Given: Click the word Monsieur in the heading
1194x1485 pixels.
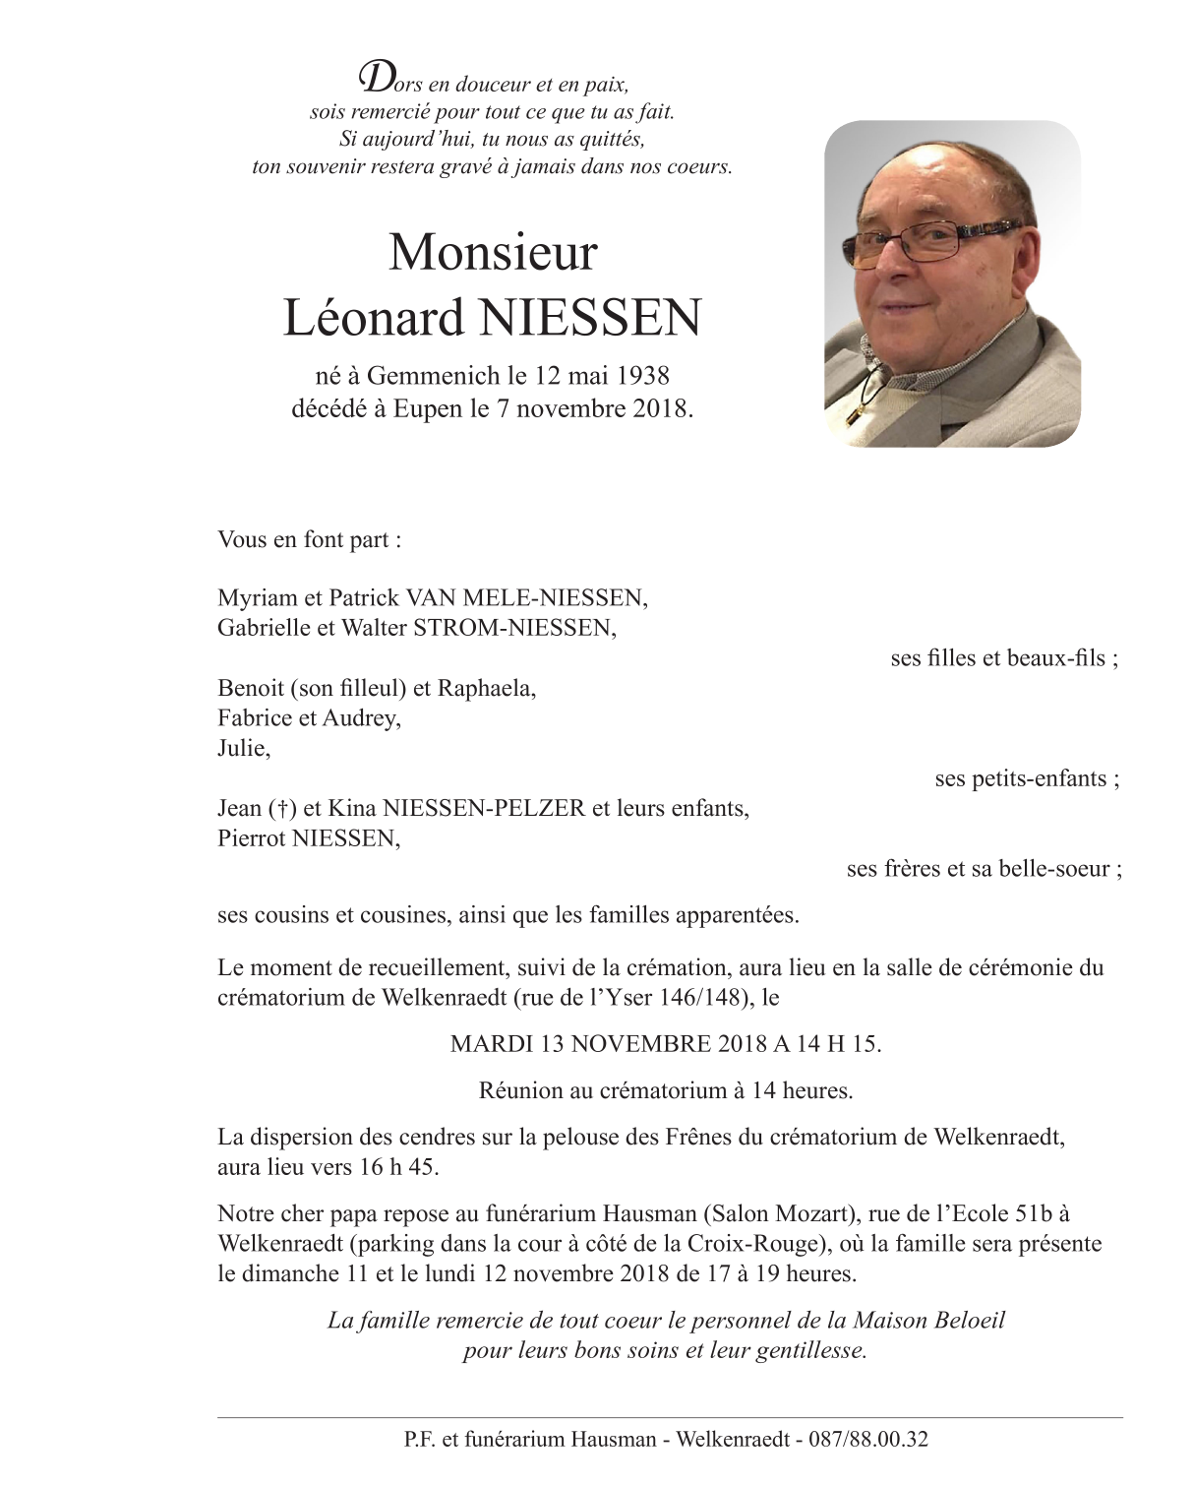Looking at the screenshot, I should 493,253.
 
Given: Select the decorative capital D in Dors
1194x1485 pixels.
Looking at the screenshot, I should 373,77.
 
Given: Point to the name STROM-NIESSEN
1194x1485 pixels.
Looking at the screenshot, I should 514,628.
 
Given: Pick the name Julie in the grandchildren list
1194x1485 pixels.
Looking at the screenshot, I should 243,749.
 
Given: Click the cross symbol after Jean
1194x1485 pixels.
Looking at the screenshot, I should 282,809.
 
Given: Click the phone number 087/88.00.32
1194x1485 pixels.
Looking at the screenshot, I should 867,1440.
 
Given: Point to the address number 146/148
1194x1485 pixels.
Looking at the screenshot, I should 705,998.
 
